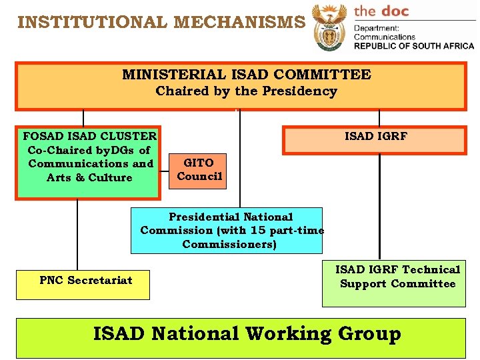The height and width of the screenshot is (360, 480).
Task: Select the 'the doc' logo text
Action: coord(381,11)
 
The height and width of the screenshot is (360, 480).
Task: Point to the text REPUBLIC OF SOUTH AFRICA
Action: coord(413,46)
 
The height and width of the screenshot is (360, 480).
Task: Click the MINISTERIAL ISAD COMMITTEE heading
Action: coord(246,75)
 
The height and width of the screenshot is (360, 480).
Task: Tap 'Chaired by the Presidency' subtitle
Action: coord(246,91)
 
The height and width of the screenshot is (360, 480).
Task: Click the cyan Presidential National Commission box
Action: coord(227,231)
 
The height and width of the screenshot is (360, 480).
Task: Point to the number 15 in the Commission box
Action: coord(257,231)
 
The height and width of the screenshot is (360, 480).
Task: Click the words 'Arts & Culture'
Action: coord(89,178)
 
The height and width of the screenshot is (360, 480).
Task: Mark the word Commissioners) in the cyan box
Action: coord(229,245)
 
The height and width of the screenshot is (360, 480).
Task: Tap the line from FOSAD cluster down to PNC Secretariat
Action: coord(77,233)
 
